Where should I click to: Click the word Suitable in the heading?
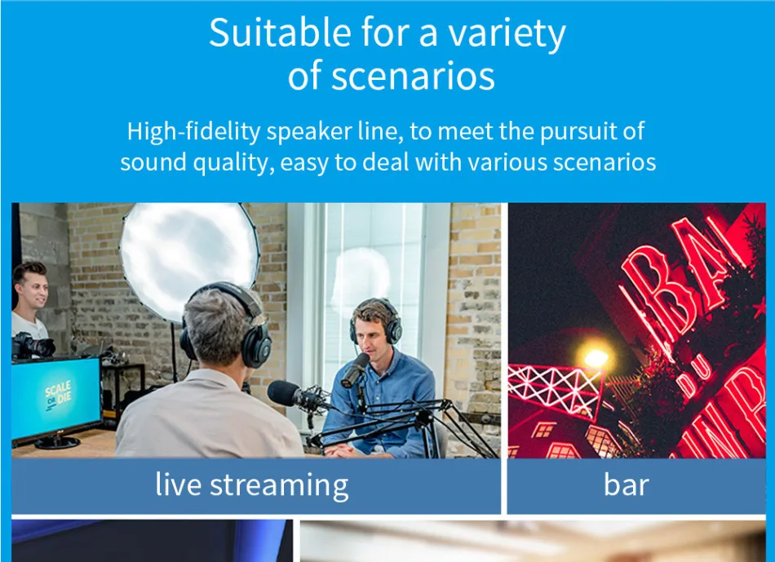pos(281,32)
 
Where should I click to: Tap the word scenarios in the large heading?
pos(413,77)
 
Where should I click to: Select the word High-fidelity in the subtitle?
pos(193,132)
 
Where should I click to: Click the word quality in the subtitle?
pos(233,163)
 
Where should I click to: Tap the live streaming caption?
pos(251,485)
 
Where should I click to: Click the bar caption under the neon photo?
pos(626,485)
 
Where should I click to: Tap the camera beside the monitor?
pos(33,346)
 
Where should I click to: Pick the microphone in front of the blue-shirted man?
pos(355,370)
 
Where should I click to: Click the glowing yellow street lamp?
pos(596,357)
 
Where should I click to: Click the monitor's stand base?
pos(57,442)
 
